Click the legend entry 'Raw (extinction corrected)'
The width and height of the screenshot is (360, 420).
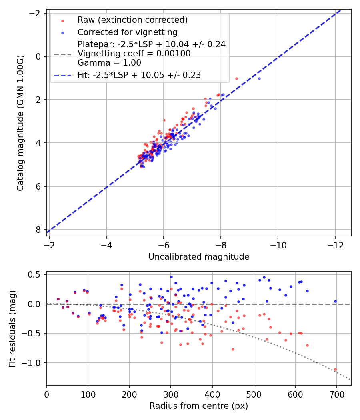[132, 20]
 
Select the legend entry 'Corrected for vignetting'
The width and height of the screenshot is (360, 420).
[127, 32]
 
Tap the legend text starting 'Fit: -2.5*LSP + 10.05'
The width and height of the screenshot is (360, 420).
[139, 75]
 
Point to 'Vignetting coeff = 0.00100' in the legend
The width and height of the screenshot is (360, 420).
[134, 54]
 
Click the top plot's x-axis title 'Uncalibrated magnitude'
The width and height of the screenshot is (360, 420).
[199, 257]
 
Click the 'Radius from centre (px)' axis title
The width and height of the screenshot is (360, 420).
[199, 406]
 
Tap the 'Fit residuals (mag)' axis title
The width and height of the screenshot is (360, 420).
[12, 328]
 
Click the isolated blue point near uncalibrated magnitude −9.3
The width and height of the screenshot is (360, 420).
[259, 78]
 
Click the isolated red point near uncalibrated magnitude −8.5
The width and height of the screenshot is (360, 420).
[236, 78]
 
